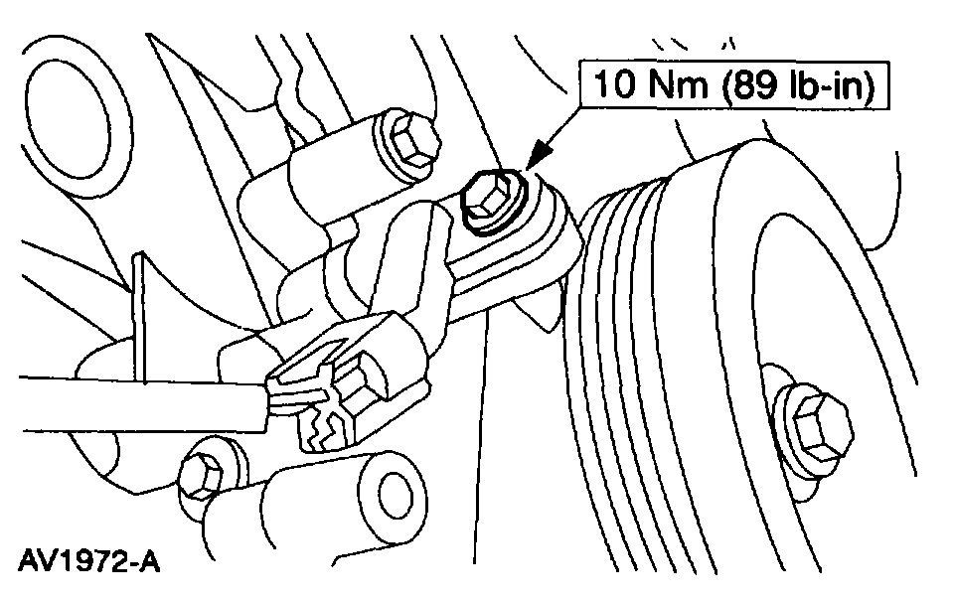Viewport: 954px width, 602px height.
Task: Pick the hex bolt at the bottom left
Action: [x=204, y=474]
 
